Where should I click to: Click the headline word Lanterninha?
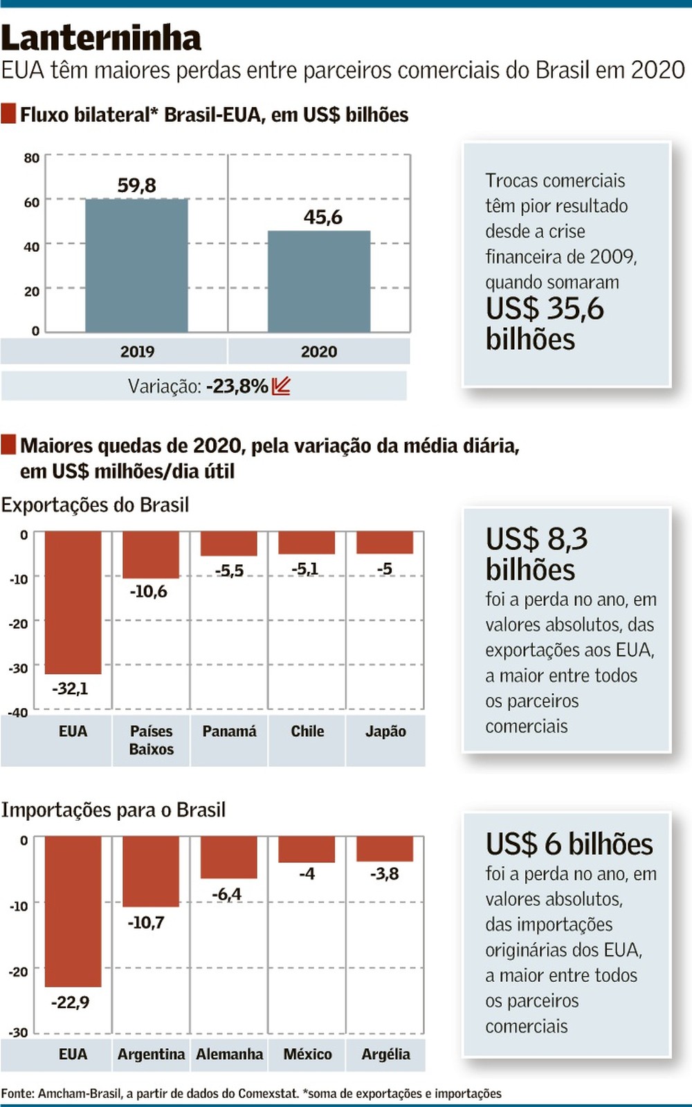[101, 38]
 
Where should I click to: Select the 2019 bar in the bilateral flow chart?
[136, 266]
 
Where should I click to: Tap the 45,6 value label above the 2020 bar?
[323, 217]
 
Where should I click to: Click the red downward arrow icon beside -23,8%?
[282, 386]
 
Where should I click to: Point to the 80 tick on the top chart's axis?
[32, 158]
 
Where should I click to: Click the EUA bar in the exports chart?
[73, 602]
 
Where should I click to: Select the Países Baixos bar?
[151, 555]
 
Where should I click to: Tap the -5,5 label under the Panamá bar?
[230, 571]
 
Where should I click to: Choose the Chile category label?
[307, 731]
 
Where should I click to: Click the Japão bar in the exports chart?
[385, 543]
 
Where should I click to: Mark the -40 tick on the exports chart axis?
[18, 713]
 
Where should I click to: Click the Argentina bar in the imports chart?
[151, 871]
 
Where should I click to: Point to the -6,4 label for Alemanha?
[227, 894]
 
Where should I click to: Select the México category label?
[307, 1054]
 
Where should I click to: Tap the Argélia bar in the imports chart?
[385, 848]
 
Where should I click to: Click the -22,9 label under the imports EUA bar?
[71, 1002]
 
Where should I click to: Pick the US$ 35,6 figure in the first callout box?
[545, 308]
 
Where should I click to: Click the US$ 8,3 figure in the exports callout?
[537, 539]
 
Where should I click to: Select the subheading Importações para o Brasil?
[113, 810]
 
